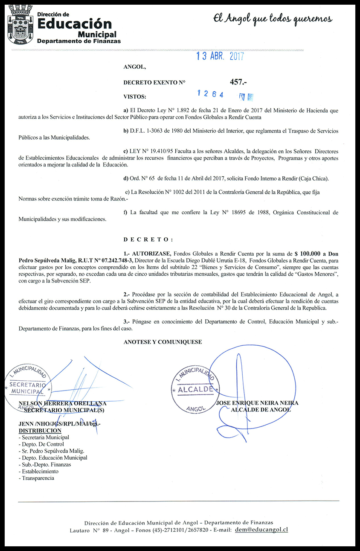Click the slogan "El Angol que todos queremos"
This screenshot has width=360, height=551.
[273, 19]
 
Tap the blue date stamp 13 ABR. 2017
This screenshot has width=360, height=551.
[220, 56]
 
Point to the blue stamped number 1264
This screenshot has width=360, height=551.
[211, 94]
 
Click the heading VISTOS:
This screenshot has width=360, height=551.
[135, 96]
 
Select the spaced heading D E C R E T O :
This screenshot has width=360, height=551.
[148, 239]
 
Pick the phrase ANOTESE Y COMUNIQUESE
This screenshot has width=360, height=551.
[163, 342]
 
